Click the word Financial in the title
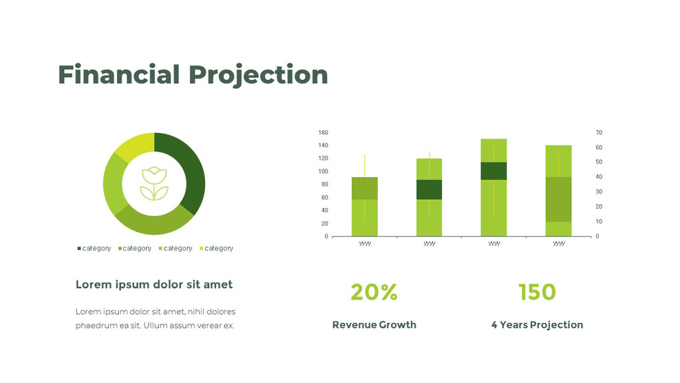[119, 74]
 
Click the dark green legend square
[79, 248]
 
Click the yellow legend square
[202, 248]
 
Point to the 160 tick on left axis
[323, 132]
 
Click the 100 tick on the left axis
[323, 172]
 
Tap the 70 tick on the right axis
[599, 132]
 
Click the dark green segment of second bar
[429, 189]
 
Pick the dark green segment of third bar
[493, 171]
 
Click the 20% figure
[374, 292]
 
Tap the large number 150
[537, 292]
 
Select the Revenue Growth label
[374, 324]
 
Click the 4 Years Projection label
[537, 324]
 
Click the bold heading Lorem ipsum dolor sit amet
[153, 284]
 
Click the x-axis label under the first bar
[365, 243]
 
